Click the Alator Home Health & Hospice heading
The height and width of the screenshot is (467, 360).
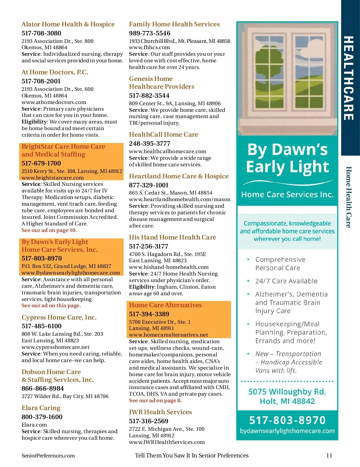(68, 24)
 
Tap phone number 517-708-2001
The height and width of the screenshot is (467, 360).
(41, 81)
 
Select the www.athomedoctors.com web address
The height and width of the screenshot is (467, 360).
(54, 102)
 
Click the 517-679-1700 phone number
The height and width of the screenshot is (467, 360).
(41, 163)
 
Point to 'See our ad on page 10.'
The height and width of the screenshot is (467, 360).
(49, 230)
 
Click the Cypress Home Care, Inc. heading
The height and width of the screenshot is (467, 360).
(59, 317)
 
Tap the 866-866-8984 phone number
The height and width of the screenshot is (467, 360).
(43, 388)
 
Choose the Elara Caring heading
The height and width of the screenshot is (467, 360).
(41, 408)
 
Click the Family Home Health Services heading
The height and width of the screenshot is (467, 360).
(174, 24)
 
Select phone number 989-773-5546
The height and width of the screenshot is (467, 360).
(150, 33)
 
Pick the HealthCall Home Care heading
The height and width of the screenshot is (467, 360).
(163, 135)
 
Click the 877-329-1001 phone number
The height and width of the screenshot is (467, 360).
(149, 185)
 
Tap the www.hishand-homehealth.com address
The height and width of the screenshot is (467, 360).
(169, 267)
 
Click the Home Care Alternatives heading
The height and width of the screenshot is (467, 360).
(165, 305)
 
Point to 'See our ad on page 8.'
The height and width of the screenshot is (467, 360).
(155, 400)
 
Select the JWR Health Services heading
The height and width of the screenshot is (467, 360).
(160, 412)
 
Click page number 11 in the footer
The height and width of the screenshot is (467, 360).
(329, 455)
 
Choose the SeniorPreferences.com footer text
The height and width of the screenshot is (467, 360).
(48, 456)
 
